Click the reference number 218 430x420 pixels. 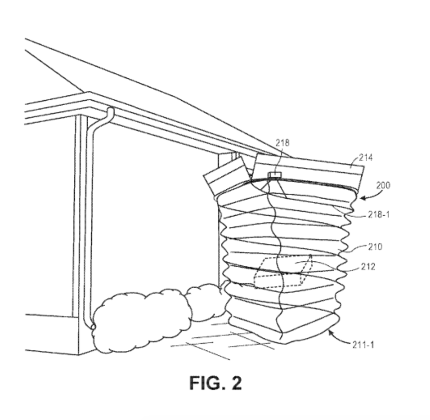pos(283,143)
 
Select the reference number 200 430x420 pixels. pos(383,185)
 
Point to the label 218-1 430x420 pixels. pos(378,214)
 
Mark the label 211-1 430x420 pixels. pos(363,345)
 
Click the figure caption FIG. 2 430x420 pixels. pos(215,383)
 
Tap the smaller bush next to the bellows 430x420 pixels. pos(205,301)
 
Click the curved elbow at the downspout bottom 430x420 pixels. pos(91,325)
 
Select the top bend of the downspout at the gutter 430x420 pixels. pos(109,111)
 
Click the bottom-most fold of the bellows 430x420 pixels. pos(283,328)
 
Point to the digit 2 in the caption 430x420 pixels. pos(236,383)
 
